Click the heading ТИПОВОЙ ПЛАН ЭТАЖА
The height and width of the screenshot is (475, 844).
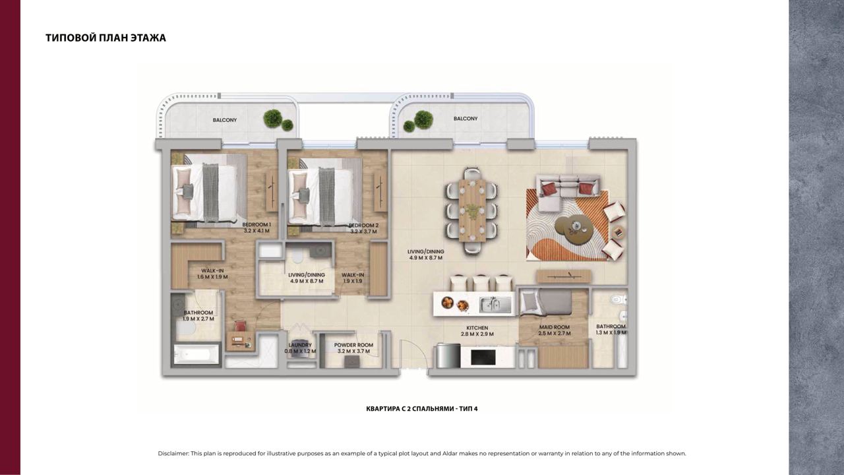click(x=105, y=38)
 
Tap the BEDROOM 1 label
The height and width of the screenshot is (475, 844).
click(x=256, y=225)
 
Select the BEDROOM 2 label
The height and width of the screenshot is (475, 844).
click(x=363, y=226)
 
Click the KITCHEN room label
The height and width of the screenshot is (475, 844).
click(x=477, y=328)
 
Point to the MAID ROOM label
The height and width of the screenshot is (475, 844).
click(x=555, y=327)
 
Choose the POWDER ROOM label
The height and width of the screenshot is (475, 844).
click(x=353, y=345)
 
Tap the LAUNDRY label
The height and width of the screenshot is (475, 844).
click(x=300, y=345)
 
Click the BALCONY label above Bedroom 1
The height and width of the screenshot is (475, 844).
click(x=225, y=120)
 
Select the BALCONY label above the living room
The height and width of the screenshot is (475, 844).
click(x=466, y=118)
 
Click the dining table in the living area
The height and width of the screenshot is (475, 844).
click(x=472, y=210)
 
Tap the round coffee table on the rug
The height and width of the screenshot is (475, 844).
click(x=574, y=226)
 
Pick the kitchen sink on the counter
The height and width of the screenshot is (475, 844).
click(x=495, y=305)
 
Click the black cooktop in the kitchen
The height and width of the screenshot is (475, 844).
click(x=483, y=357)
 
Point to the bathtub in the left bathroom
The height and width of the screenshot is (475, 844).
click(x=196, y=354)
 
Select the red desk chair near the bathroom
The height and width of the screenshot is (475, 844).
click(x=240, y=325)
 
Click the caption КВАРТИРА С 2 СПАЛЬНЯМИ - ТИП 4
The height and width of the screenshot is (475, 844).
click(x=421, y=408)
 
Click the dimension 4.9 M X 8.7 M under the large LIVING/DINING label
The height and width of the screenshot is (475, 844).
click(x=426, y=258)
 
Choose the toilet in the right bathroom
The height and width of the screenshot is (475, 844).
click(x=618, y=300)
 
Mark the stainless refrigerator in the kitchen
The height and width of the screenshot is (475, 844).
click(x=448, y=356)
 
